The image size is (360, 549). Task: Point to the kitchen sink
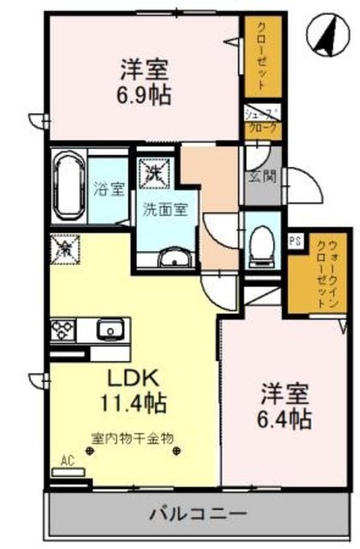[x=110, y=329]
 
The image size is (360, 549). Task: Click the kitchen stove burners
[x=64, y=329]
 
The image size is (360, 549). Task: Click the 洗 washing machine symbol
[x=155, y=172]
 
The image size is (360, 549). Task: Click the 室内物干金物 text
[x=133, y=438]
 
